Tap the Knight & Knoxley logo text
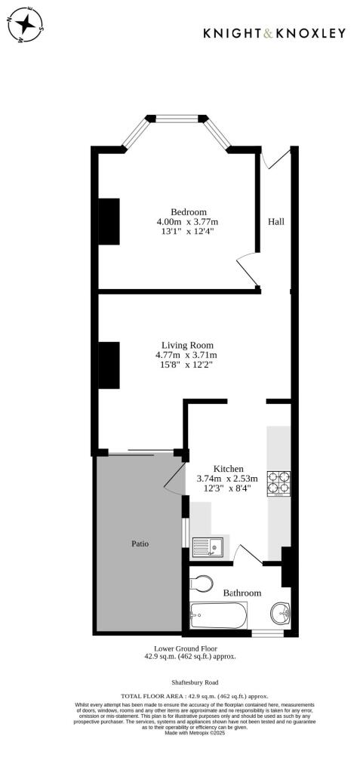(275, 33)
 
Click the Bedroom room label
(188, 212)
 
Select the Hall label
(276, 222)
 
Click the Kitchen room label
(228, 468)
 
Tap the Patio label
(139, 543)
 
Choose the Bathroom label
(242, 593)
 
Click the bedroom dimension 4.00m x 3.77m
(187, 222)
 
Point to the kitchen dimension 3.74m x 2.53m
(227, 478)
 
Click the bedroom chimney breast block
(110, 221)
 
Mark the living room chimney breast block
(110, 365)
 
